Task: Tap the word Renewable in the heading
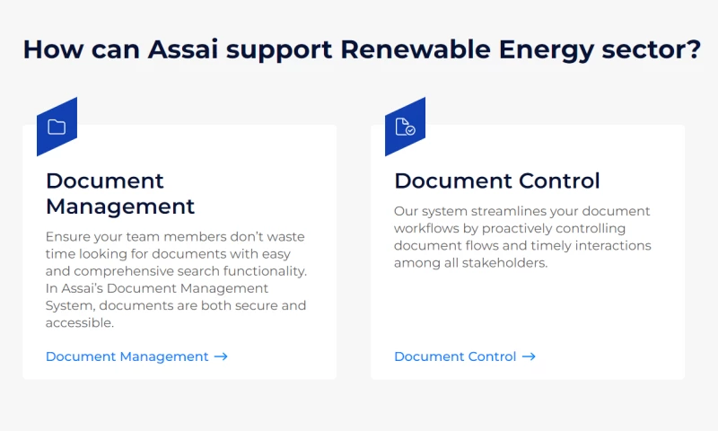(405, 48)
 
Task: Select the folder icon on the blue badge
(57, 127)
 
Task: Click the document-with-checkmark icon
(405, 127)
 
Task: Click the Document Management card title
(119, 193)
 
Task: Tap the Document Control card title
(496, 180)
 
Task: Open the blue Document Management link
(127, 356)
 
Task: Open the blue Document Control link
(455, 356)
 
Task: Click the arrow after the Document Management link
(221, 356)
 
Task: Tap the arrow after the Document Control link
(529, 356)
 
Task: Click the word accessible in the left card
(80, 322)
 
